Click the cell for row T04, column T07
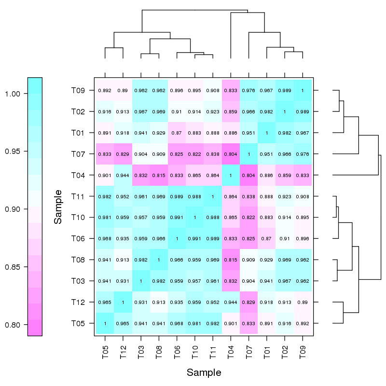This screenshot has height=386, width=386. tap(249, 175)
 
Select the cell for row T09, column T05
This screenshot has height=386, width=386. tap(105, 90)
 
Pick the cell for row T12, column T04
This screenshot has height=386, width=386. tap(231, 303)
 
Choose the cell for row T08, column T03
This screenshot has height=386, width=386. tap(141, 260)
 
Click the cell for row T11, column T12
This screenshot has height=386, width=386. tap(123, 196)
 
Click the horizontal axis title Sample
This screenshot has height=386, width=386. tap(204, 372)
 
